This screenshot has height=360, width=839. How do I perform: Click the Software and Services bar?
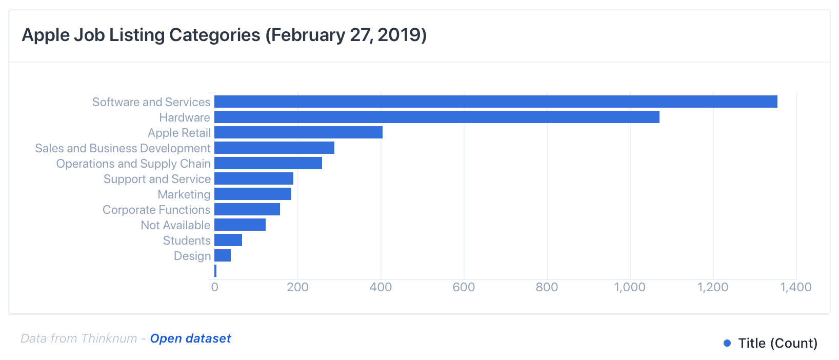click(495, 102)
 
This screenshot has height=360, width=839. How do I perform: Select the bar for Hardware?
click(436, 117)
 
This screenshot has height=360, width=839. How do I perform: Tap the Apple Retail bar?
click(298, 132)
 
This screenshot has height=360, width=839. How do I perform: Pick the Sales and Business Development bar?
click(274, 148)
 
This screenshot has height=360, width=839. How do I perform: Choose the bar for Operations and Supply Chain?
click(268, 163)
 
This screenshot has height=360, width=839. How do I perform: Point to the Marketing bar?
click(252, 194)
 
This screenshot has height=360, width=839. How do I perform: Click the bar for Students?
click(228, 240)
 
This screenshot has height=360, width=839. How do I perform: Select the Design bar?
click(222, 255)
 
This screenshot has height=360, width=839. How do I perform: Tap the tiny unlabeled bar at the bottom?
click(215, 271)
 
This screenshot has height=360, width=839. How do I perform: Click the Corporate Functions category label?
click(156, 210)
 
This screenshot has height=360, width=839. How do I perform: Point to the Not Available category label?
click(175, 225)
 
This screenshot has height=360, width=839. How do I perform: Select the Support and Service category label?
click(157, 179)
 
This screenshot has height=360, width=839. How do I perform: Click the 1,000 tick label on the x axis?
click(630, 287)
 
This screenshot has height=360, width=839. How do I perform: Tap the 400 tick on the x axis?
click(381, 287)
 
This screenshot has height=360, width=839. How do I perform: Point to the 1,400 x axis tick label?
click(796, 287)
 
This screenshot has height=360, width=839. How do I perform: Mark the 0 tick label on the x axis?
click(214, 287)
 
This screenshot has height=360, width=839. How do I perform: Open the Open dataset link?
click(190, 338)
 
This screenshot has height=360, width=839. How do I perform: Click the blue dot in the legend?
click(727, 343)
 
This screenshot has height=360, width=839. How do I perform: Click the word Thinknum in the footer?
click(109, 338)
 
